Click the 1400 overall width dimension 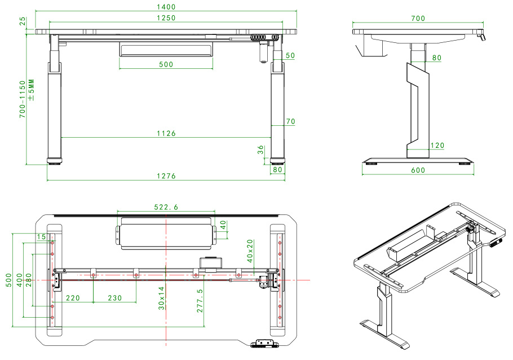[x=166, y=7]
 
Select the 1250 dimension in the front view [x=166, y=17]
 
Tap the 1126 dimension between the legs [x=166, y=133]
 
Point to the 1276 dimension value [x=166, y=176]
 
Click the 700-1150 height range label [x=23, y=99]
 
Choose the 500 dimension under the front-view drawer [x=166, y=64]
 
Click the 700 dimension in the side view [x=418, y=19]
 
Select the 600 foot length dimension [x=418, y=170]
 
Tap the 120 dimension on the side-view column [x=437, y=146]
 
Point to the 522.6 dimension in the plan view [x=166, y=208]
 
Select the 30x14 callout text [x=161, y=297]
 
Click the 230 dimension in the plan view [x=115, y=297]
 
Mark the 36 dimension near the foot [x=260, y=150]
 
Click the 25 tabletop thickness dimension [x=23, y=21]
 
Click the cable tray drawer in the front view [x=166, y=50]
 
